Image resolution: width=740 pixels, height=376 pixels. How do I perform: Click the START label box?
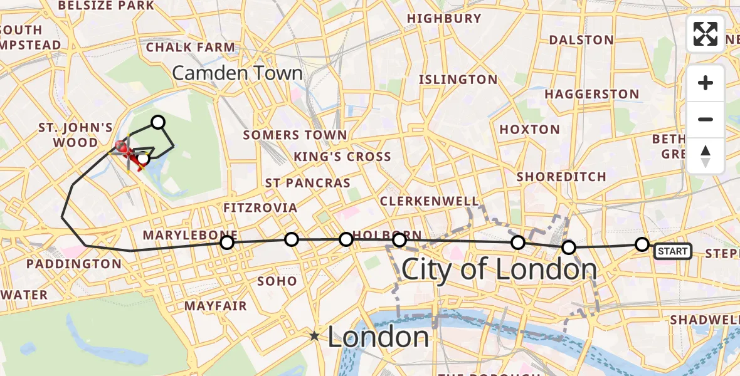673,251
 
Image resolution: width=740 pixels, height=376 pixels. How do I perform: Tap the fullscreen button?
706,34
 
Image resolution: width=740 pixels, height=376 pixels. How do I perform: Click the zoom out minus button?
706,119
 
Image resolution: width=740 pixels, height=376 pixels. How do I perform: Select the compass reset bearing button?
706,155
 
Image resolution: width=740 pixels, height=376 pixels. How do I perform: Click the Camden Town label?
237,73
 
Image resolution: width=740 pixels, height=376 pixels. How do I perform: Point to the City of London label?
499,269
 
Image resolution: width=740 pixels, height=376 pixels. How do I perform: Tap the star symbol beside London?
314,337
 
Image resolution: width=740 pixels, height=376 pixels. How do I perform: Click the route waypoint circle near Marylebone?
227,242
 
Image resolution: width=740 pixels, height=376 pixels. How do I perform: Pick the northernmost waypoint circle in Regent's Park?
158,122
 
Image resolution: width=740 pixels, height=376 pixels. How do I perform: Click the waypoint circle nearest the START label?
642,244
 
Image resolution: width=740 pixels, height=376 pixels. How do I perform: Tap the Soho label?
277,281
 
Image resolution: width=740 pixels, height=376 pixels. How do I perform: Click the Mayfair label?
216,306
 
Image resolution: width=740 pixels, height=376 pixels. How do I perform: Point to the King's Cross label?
342,157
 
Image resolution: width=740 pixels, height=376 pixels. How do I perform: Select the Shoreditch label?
561,177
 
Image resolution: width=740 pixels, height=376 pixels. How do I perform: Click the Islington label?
458,80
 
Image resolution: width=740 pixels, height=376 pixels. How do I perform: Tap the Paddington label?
74,264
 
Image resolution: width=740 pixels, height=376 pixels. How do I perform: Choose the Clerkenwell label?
430,201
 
